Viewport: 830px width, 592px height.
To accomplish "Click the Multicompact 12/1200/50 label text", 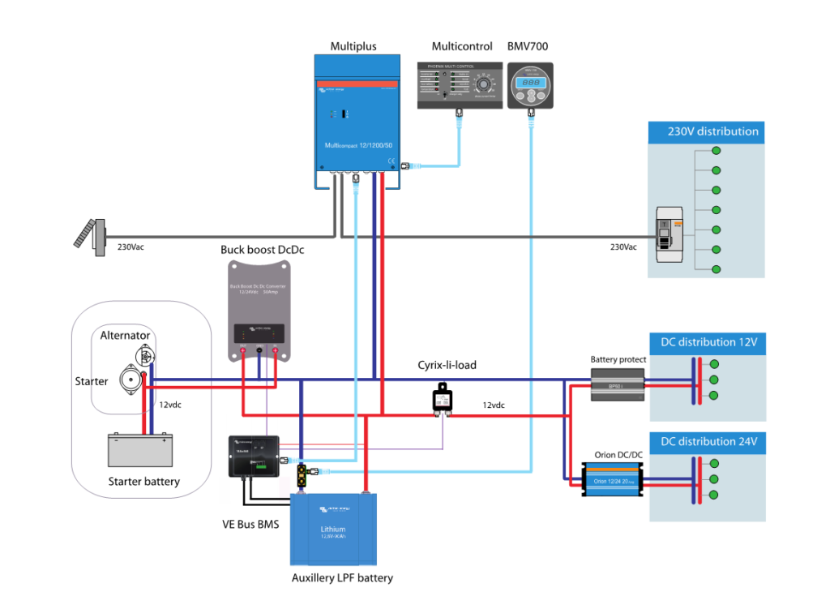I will tap(357, 146).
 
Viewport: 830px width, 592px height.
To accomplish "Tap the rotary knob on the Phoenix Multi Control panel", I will tap(484, 84).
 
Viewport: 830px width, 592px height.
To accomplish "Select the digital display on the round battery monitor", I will tap(530, 83).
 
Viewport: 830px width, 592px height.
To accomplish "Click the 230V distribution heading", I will tap(712, 131).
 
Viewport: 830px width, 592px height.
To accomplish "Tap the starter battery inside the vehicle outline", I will tap(140, 451).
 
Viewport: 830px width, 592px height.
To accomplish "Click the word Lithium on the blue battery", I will tap(333, 529).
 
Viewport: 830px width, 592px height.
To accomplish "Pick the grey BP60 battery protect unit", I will tap(618, 384).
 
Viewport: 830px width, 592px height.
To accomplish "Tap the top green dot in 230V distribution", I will tap(716, 151).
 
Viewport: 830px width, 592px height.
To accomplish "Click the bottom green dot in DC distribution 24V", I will tap(714, 495).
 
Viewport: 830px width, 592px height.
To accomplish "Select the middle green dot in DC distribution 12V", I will tap(714, 380).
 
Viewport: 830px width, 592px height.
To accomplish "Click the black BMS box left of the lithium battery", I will tap(252, 456).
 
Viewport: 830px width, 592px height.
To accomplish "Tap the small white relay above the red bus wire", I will tap(443, 400).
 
